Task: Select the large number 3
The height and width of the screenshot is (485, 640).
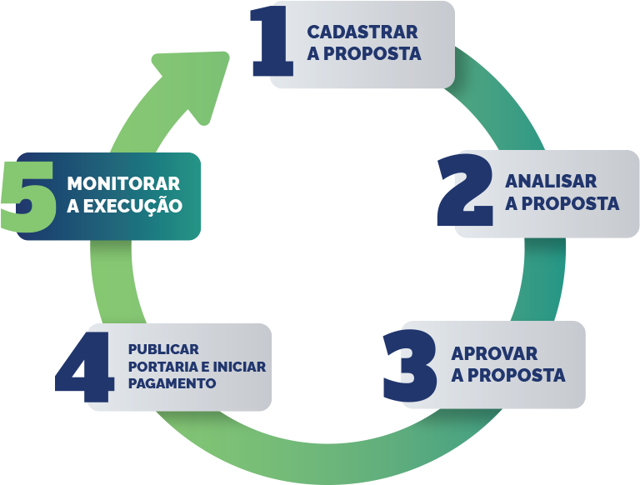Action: pyautogui.click(x=410, y=364)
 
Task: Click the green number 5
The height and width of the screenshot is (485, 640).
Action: pyautogui.click(x=28, y=197)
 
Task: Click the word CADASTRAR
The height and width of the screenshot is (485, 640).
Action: pyautogui.click(x=362, y=32)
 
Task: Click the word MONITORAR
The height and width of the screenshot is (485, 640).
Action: pyautogui.click(x=123, y=183)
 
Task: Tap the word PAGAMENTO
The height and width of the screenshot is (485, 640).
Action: pyautogui.click(x=172, y=383)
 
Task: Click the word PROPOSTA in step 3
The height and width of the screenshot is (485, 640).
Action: pyautogui.click(x=517, y=375)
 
